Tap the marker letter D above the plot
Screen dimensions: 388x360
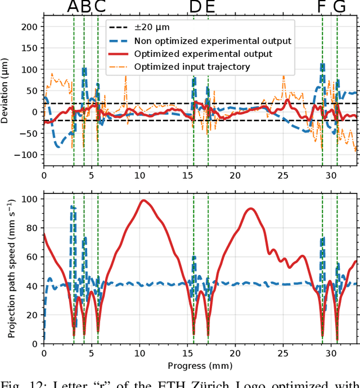click(194, 7)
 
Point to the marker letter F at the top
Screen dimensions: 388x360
click(322, 7)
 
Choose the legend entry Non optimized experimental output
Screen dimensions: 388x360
click(213, 40)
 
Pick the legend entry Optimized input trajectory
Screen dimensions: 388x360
click(192, 67)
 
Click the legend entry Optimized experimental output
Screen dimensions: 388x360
click(203, 54)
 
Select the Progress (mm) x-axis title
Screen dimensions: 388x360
click(200, 366)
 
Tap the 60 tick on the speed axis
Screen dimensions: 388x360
click(33, 257)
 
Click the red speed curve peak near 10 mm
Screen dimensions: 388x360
click(143, 200)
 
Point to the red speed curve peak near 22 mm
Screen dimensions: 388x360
click(250, 209)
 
